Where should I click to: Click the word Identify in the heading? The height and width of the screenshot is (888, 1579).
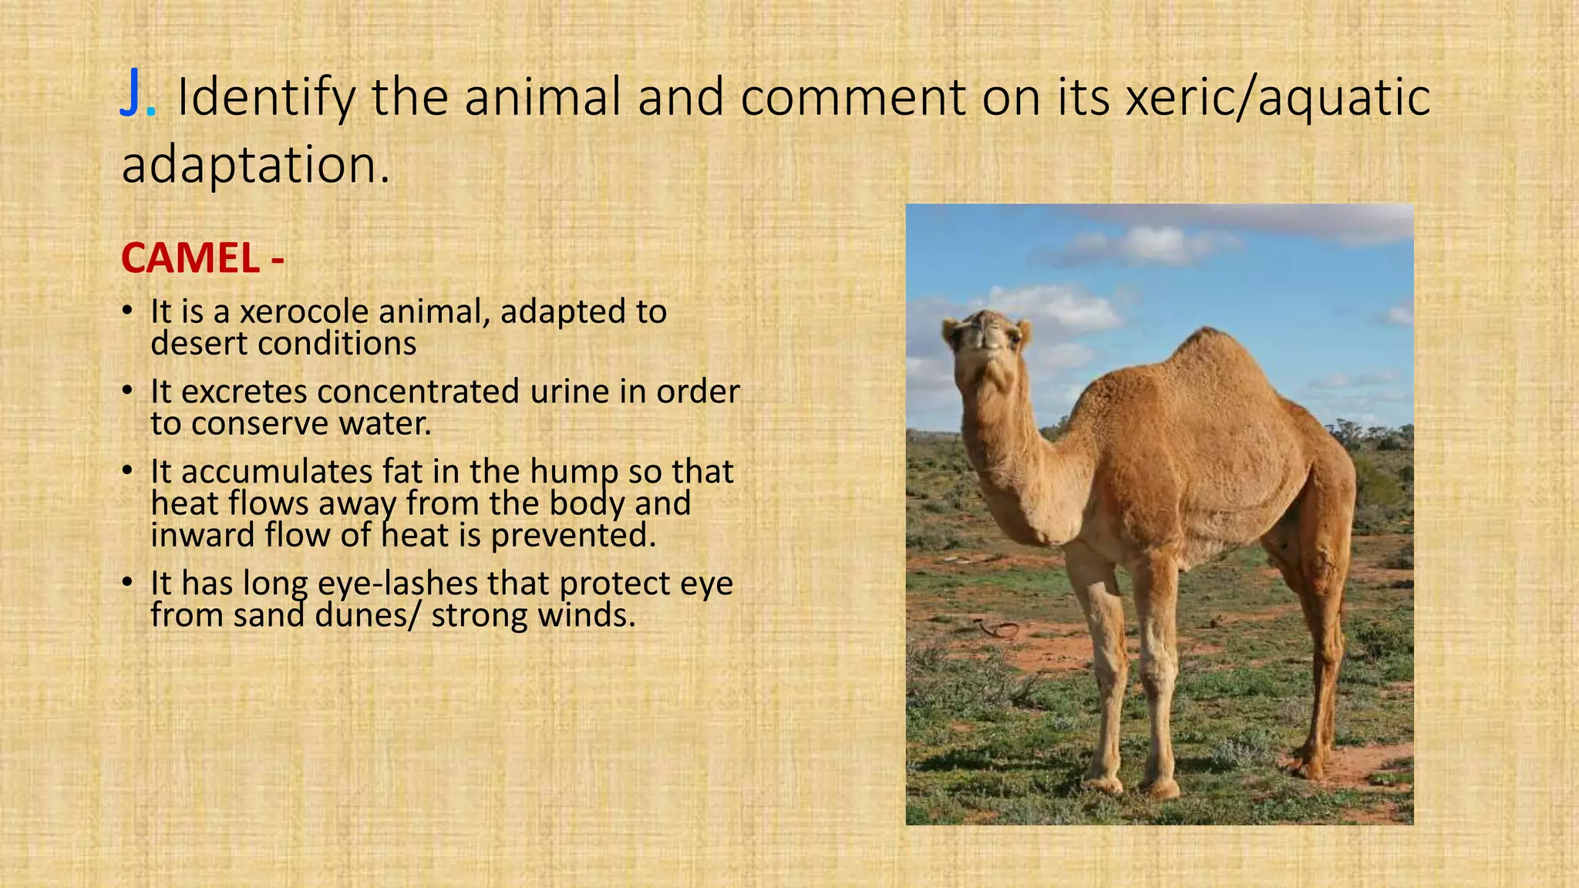(266, 98)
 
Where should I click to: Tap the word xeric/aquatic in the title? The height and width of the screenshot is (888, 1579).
(1278, 98)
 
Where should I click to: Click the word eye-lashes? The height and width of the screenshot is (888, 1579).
(398, 584)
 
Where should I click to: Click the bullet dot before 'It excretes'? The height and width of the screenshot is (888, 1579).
(126, 391)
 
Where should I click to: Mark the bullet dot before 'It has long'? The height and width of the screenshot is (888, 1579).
(126, 583)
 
